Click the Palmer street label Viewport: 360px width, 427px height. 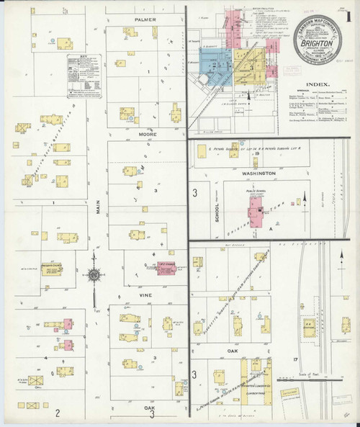point(145,19)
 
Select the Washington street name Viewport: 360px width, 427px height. point(258,174)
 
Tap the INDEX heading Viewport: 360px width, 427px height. point(318,84)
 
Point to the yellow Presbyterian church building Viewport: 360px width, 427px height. point(50,269)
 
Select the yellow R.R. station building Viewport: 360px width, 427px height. point(313,328)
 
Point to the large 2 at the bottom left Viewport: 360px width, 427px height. point(57,412)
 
